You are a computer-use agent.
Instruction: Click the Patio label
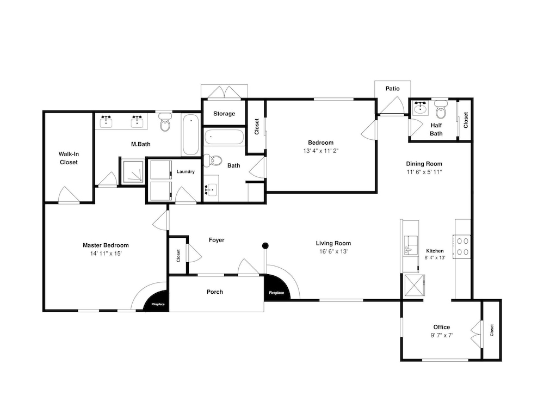coord(392,89)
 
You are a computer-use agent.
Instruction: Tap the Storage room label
coord(224,114)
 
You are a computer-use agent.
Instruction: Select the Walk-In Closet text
coord(69,158)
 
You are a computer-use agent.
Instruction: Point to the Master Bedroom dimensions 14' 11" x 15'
coord(106,254)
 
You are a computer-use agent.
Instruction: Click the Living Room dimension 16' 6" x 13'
coord(333,251)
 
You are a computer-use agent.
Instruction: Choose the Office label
coord(442,327)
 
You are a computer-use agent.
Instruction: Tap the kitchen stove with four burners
coord(462,246)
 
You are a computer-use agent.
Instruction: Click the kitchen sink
coord(411,245)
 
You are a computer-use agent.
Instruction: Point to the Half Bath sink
coord(420,108)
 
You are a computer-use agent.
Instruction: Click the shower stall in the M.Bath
coord(132,172)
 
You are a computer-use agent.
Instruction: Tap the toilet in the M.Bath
coord(165,121)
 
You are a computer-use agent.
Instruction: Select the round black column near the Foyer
coord(265,246)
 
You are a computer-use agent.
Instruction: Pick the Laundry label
coord(186,172)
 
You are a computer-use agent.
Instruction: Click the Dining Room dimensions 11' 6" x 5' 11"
coord(424,172)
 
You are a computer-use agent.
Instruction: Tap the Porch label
coord(215,292)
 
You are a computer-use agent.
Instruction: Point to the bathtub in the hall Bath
coord(224,137)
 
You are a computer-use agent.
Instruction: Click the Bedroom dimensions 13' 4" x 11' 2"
coord(320,151)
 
